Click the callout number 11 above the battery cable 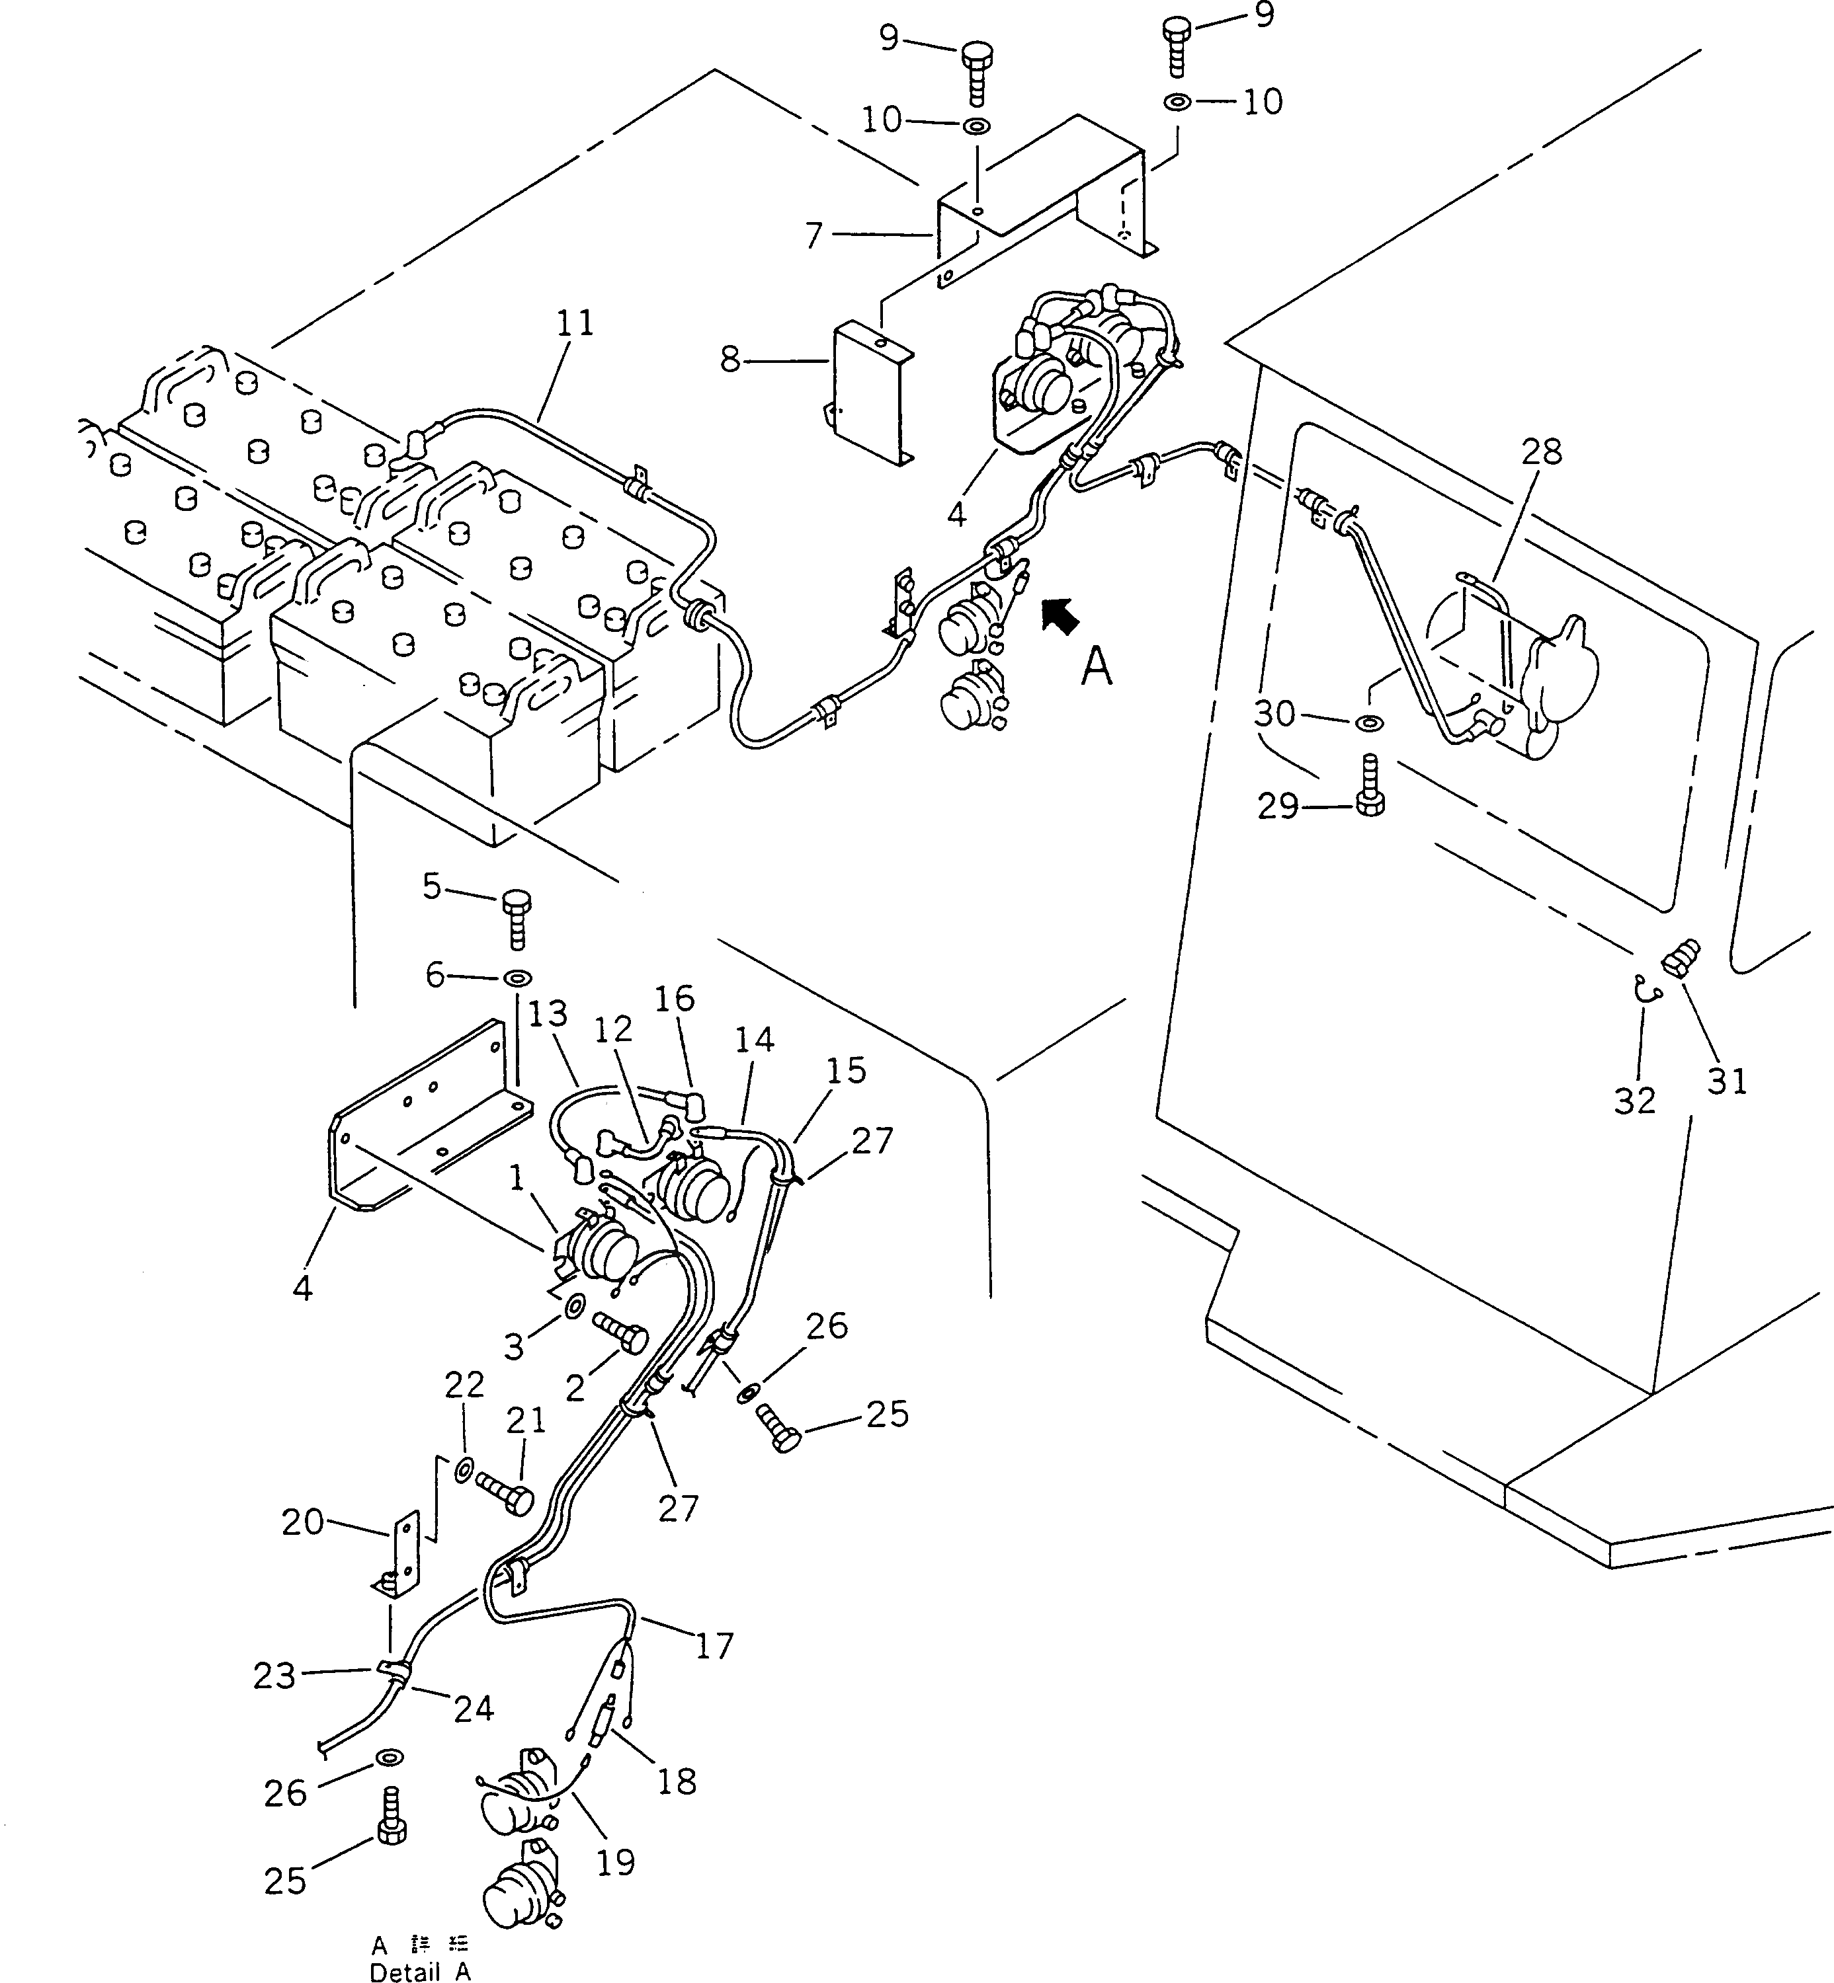click(575, 323)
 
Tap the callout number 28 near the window click(1541, 452)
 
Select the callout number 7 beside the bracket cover click(813, 235)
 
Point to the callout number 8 click(730, 359)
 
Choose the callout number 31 click(1727, 1080)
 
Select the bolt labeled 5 click(516, 919)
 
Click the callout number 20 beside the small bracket click(303, 1522)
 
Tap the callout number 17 click(714, 1646)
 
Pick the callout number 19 click(615, 1862)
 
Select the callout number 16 click(675, 998)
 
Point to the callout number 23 click(274, 1676)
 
